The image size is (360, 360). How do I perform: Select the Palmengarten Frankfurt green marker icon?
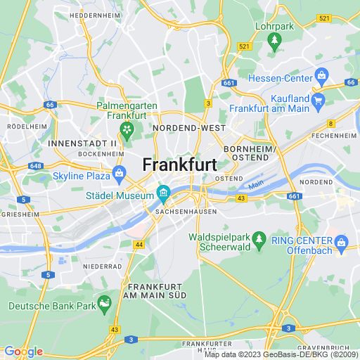127,129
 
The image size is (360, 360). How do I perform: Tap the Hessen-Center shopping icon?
321,74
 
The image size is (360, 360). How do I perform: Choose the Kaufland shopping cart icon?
317,100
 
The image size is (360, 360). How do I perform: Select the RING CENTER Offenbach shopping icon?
342,244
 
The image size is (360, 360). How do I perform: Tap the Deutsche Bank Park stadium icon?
105,303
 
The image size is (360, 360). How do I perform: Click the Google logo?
23,352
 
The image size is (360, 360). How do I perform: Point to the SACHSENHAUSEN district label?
181,210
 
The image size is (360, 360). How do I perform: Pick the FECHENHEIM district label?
335,134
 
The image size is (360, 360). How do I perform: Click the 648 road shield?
37,167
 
